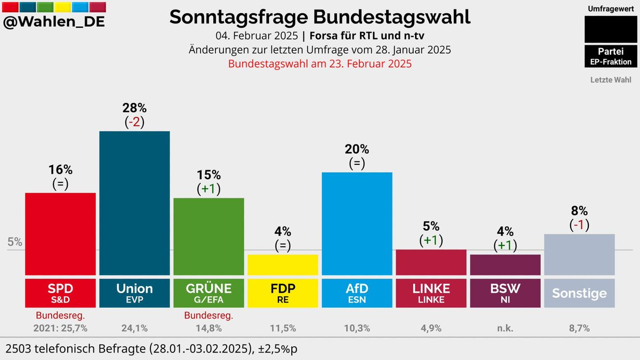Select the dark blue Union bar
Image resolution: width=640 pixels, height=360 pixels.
pos(134,203)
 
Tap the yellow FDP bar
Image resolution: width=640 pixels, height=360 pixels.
pos(283,265)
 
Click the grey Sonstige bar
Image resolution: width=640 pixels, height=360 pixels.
pos(579,254)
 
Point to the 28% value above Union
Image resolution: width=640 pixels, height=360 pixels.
pos(134,109)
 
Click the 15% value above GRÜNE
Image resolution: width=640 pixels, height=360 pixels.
pos(209,175)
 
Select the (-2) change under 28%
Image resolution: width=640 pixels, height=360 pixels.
pos(134,122)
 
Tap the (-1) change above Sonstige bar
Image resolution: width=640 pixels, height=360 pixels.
pos(579,225)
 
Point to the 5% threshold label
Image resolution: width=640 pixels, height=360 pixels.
pos(15,242)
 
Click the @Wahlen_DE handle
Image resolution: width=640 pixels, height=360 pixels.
pos(54,23)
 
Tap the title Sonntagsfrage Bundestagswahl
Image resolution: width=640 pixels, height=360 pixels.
pos(320,17)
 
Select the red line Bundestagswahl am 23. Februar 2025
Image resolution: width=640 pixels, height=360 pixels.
pos(320,63)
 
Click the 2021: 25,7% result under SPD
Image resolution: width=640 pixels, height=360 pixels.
pos(60,328)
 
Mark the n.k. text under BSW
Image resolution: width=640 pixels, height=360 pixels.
pos(505,328)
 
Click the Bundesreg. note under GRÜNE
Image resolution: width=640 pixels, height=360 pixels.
pos(209,316)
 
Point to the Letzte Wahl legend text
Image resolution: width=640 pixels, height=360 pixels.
pos(611,80)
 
